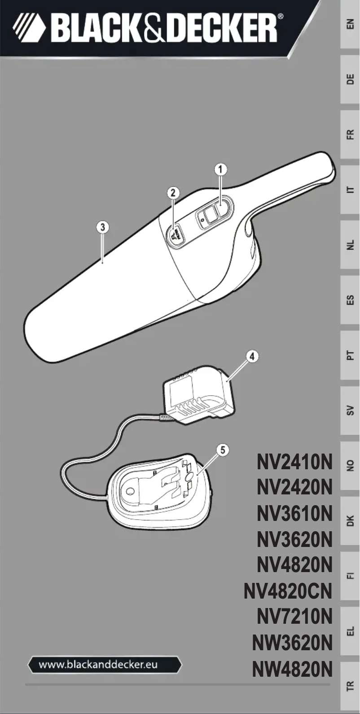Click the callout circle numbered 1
pos(220,169)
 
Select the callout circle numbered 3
pos(103,227)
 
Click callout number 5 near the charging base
pos(223,450)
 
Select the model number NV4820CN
pos(288,591)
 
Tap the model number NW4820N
pos(292,670)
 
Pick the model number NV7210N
pos(294,617)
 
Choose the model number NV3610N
pos(294,513)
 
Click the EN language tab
pos(350,24)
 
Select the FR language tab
pos(350,134)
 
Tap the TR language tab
pos(350,686)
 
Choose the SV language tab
pos(350,410)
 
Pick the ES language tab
pos(350,300)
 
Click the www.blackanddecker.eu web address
pos(104,665)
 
